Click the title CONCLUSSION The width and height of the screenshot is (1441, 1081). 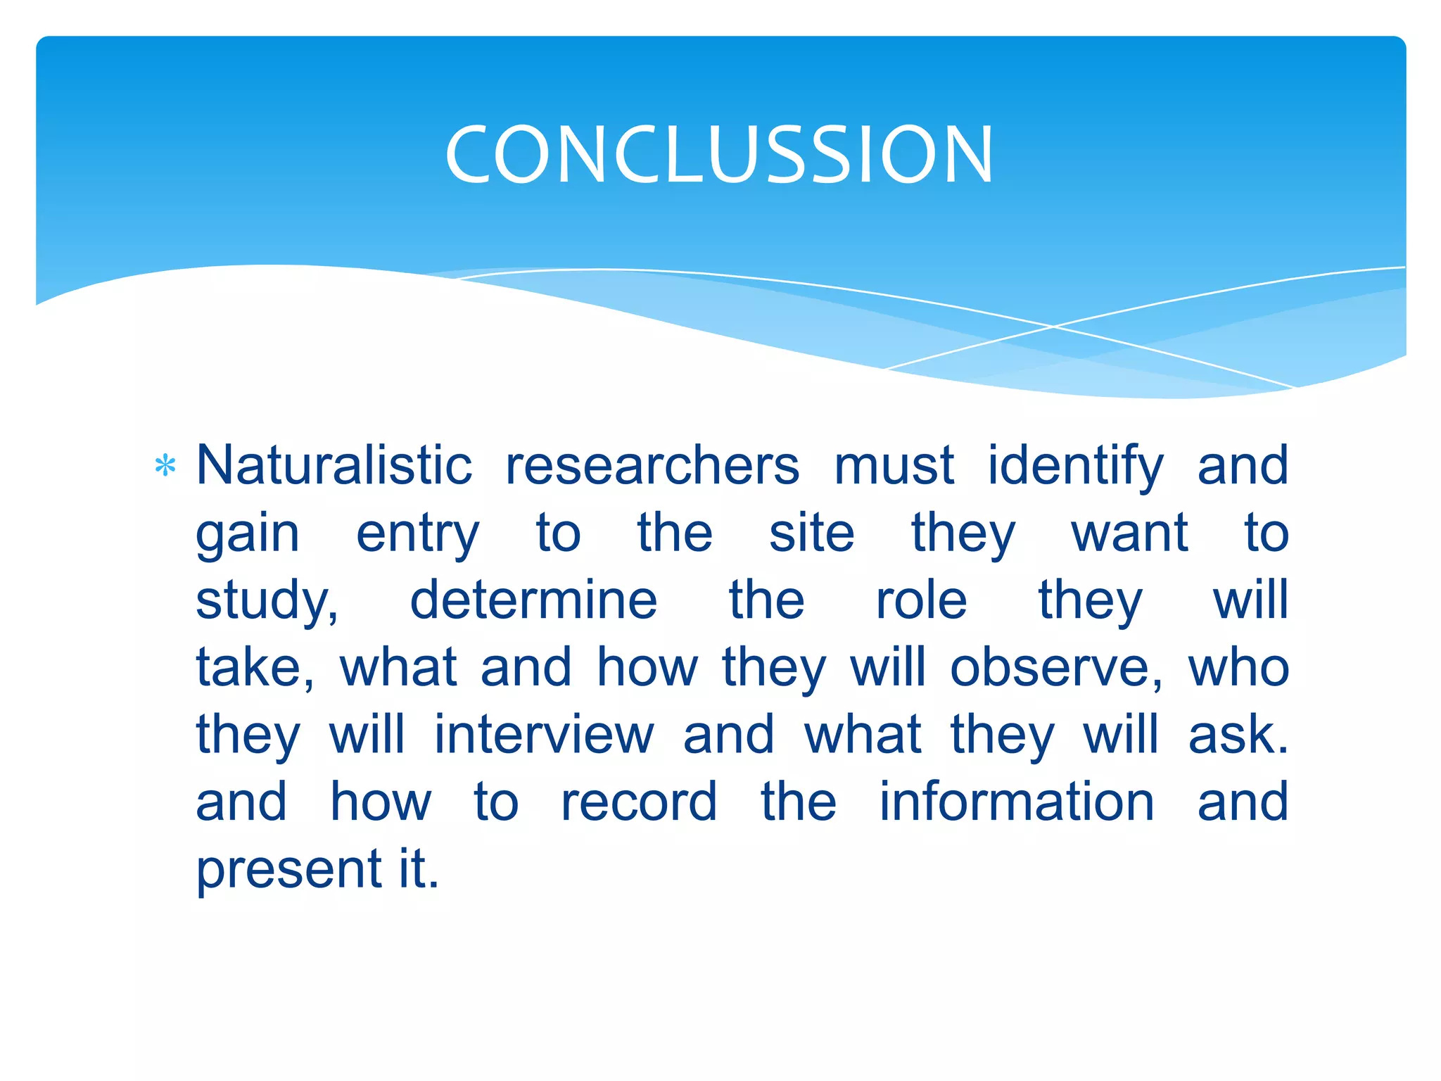(x=719, y=154)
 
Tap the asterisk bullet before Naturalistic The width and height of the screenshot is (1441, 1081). (x=165, y=466)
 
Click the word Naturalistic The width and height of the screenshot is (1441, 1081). (x=334, y=465)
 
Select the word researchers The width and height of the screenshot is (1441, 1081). (x=652, y=465)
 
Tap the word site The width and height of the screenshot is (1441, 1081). (x=811, y=533)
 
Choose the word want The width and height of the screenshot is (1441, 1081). (x=1129, y=533)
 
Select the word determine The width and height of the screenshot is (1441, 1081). (x=533, y=600)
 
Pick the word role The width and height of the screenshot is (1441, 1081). (x=921, y=600)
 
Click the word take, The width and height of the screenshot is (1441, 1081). (x=255, y=668)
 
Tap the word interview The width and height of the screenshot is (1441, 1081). (x=543, y=734)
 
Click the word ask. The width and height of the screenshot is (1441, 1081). (x=1238, y=734)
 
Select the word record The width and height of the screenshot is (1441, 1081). (x=639, y=802)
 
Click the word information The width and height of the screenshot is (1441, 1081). (x=1017, y=801)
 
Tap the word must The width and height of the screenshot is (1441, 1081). (x=894, y=465)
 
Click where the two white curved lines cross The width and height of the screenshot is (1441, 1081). (x=1053, y=327)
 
